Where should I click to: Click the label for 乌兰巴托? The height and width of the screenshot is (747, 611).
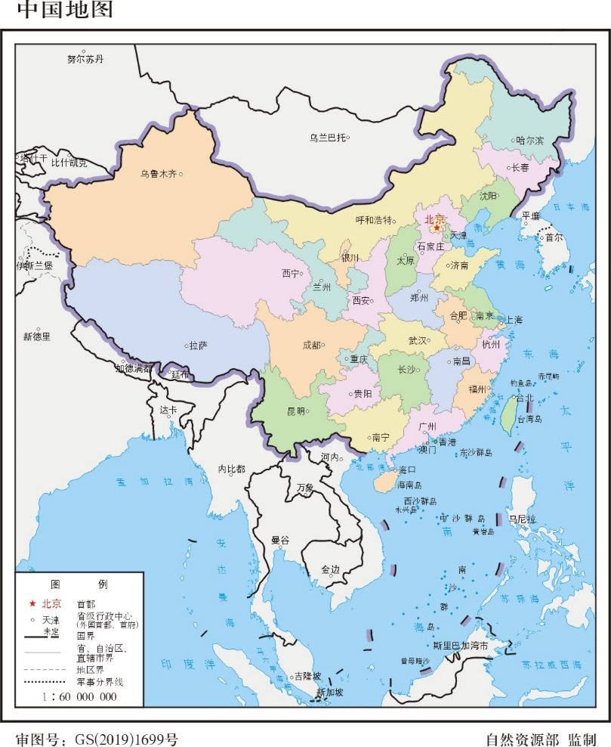point(327,138)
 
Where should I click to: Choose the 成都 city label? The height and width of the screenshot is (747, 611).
point(310,345)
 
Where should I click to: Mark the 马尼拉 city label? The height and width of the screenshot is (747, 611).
point(521,519)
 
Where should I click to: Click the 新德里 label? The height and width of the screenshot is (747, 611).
point(36,336)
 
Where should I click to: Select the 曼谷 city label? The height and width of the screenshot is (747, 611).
point(280,540)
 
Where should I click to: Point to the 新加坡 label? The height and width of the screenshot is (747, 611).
point(329,692)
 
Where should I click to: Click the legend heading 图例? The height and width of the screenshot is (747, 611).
point(79,584)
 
